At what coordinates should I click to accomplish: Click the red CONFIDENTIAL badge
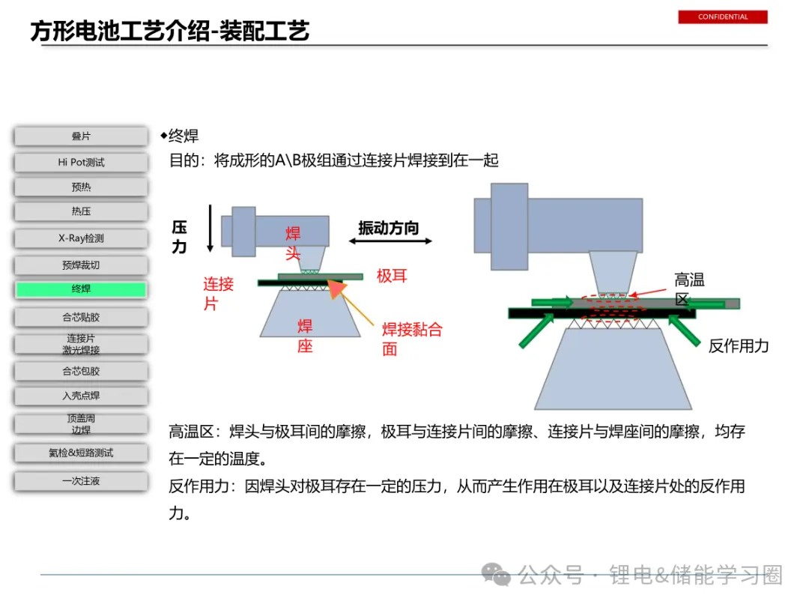tap(723, 16)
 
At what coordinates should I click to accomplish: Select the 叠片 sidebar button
tap(81, 136)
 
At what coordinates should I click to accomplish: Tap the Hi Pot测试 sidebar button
tap(81, 162)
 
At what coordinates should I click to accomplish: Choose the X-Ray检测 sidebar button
tap(81, 238)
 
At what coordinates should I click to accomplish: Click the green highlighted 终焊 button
tap(81, 289)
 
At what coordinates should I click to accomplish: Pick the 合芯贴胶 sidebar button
tap(81, 317)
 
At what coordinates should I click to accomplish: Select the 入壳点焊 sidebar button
tap(81, 396)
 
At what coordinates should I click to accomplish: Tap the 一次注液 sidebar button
tap(81, 481)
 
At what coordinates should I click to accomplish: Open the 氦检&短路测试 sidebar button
tap(81, 453)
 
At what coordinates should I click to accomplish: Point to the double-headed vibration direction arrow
tap(390, 241)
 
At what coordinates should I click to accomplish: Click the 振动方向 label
tap(388, 227)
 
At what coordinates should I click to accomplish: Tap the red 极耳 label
tap(392, 276)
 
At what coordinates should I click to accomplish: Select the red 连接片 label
tap(218, 293)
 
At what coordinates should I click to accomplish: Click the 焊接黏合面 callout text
tap(411, 339)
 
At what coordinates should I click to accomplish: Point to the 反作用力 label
tap(739, 345)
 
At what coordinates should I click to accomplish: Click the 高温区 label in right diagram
tap(688, 289)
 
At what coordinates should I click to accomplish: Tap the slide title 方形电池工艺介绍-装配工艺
tap(170, 31)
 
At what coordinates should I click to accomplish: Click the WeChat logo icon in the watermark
tap(496, 575)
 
